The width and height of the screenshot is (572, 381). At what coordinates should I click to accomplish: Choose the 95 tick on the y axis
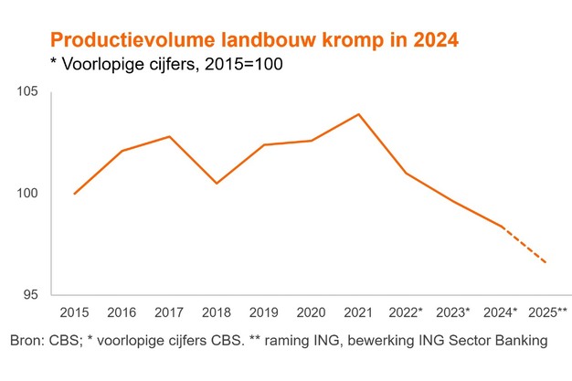coord(33,295)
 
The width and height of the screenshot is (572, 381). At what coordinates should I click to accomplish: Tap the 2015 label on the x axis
coord(74,312)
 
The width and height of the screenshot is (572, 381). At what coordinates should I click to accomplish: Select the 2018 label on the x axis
coord(217,312)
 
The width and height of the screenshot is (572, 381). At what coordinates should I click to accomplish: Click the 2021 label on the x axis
coord(358,312)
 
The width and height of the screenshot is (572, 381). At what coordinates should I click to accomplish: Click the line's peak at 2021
coord(358,114)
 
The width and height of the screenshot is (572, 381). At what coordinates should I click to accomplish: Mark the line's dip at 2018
coord(217,184)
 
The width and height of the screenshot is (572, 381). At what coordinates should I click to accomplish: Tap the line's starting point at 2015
coord(74,194)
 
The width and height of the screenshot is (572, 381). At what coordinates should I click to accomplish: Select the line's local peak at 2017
coord(169,136)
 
